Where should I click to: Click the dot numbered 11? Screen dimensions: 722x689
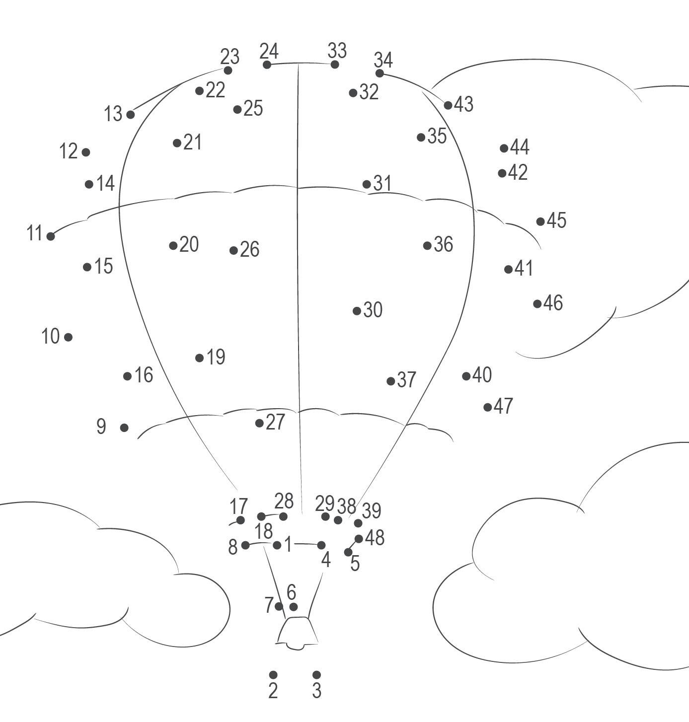click(51, 236)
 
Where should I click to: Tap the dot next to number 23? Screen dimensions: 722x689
click(228, 71)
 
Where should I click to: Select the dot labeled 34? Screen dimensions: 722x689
click(380, 73)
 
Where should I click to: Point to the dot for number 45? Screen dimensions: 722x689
click(540, 221)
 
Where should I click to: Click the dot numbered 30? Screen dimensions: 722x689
click(357, 311)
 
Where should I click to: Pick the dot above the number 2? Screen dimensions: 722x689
click(273, 674)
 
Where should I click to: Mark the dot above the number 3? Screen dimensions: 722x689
click(317, 674)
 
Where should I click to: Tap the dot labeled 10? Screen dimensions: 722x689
click(69, 337)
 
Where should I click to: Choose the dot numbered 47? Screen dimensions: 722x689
click(488, 407)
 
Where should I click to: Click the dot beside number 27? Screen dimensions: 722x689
click(259, 423)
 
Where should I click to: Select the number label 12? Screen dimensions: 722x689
click(69, 151)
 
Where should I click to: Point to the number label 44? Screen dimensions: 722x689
click(520, 147)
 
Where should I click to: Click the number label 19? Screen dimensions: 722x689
click(216, 357)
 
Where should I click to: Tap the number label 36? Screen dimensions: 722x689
click(443, 244)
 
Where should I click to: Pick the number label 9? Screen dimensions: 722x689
click(101, 427)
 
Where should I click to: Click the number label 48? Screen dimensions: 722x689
click(375, 538)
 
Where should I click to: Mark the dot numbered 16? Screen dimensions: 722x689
click(128, 376)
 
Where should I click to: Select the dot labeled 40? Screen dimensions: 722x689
click(466, 376)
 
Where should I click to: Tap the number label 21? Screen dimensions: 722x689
click(193, 143)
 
